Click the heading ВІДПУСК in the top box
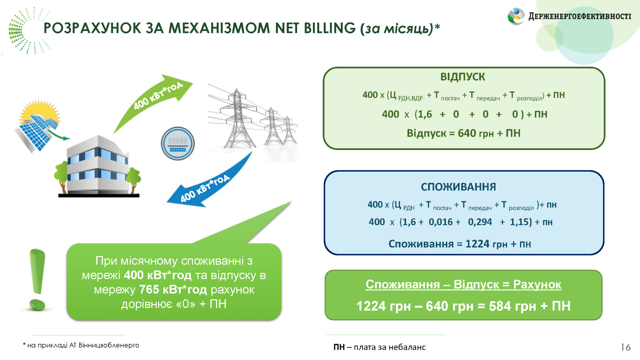coord(462,77)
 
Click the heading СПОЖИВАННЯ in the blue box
coord(458,187)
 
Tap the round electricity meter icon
coord(178,144)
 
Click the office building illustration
coord(98,167)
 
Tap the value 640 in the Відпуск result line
coord(467,133)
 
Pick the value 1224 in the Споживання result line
coord(477,244)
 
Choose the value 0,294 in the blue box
coord(480,222)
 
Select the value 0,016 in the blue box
coord(440,222)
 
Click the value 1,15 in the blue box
coord(520,222)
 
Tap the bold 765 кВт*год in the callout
coord(173,290)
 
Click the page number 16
coord(625,347)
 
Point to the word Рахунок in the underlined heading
coord(537,285)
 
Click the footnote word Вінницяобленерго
coord(109,345)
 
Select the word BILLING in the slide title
coord(330,28)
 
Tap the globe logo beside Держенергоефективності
coord(516,17)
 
